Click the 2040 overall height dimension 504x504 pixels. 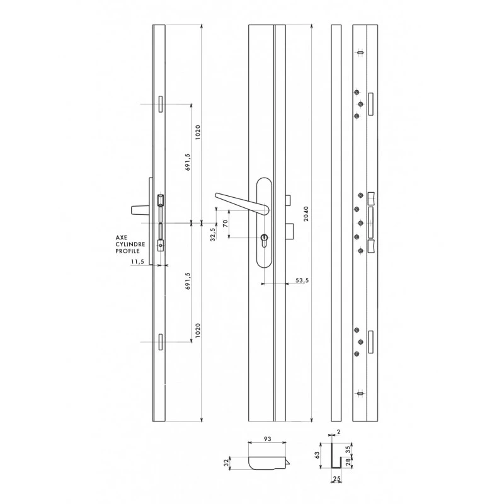click(x=306, y=214)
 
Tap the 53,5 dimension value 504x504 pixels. click(x=302, y=280)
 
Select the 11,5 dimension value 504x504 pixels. click(x=137, y=261)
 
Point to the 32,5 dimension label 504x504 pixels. click(x=213, y=234)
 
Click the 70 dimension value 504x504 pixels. click(x=225, y=223)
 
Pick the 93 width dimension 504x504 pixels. click(x=267, y=438)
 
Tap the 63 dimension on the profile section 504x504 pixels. click(x=318, y=455)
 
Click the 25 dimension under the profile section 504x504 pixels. click(x=336, y=479)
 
